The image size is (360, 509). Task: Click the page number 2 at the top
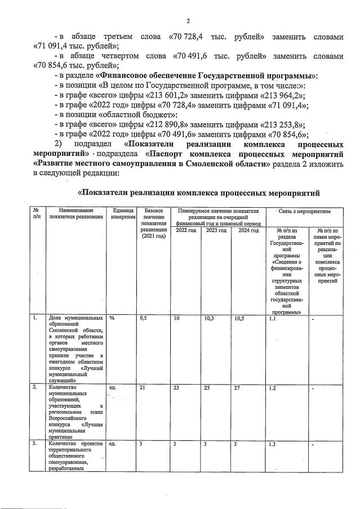pyautogui.click(x=188, y=21)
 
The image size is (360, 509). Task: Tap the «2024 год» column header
pyautogui.click(x=248, y=230)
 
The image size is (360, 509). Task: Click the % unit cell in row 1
pyautogui.click(x=112, y=319)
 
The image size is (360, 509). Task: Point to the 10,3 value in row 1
pyautogui.click(x=210, y=319)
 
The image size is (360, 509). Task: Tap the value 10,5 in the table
pyautogui.click(x=239, y=319)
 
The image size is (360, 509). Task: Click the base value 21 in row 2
pyautogui.click(x=142, y=388)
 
